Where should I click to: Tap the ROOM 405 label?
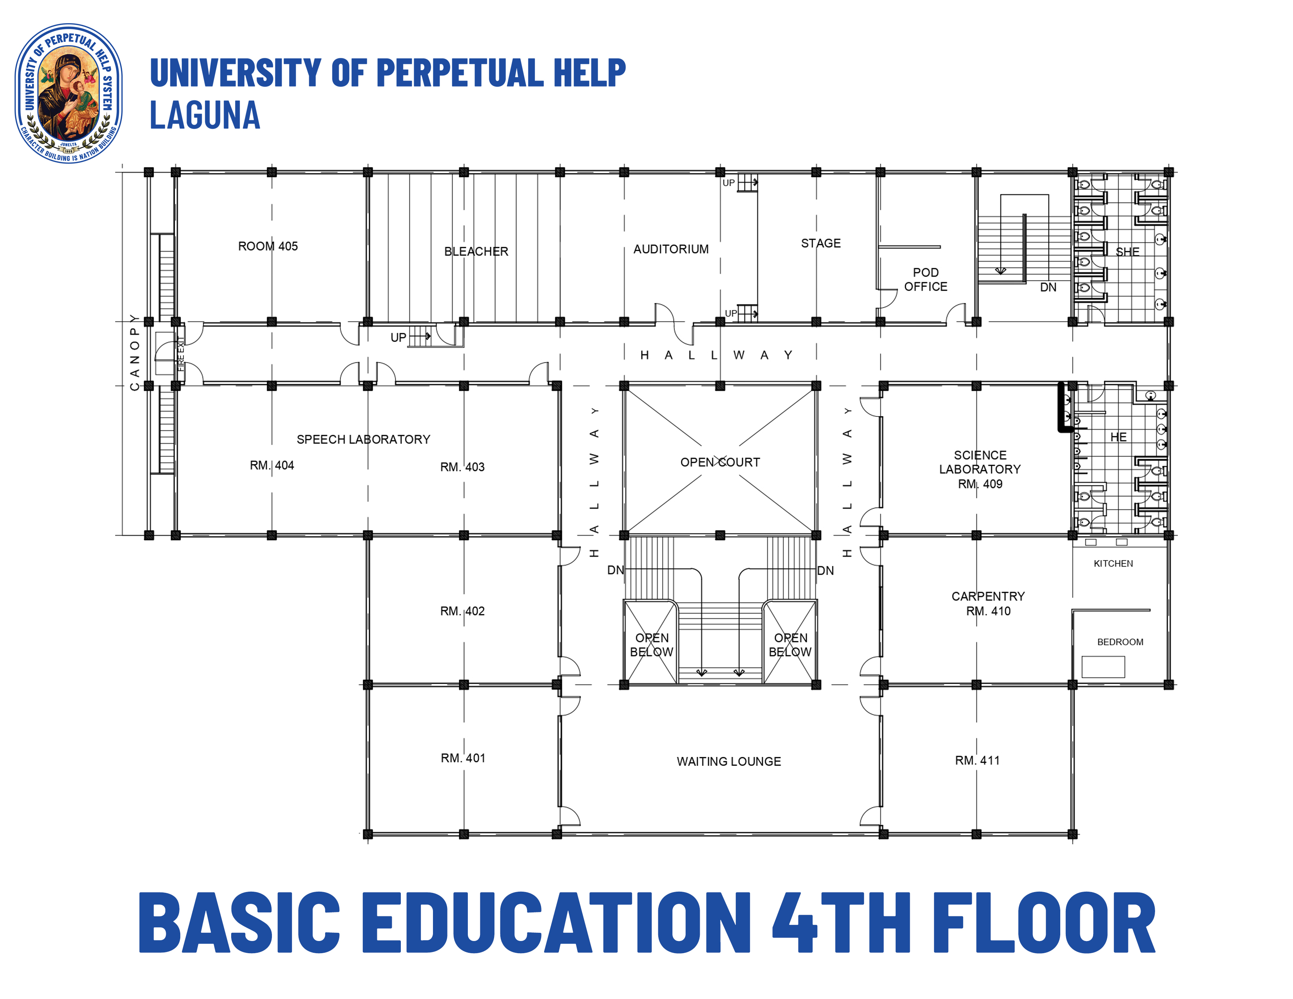[268, 246]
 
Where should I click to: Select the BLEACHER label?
[476, 252]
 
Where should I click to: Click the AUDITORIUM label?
[671, 249]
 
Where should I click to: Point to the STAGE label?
[820, 243]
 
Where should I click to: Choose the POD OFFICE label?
[925, 279]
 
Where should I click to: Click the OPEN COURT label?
[720, 462]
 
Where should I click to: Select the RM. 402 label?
[462, 611]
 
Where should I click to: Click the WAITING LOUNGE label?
[729, 762]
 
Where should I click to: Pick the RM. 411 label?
[977, 760]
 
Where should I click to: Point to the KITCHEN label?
[1113, 563]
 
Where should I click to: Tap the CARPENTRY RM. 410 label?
[988, 604]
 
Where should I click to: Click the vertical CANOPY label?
[134, 353]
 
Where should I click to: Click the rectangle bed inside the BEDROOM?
[1103, 667]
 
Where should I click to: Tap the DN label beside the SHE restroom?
[1048, 288]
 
